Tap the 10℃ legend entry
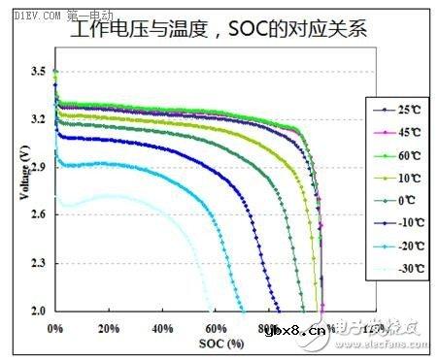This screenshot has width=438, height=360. (x=395, y=177)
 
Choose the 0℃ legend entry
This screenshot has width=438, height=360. (x=395, y=200)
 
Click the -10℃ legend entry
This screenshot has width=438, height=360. (x=395, y=223)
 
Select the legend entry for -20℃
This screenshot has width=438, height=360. (x=395, y=246)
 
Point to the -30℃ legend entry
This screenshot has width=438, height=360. (x=395, y=270)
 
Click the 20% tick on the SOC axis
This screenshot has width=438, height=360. (x=109, y=328)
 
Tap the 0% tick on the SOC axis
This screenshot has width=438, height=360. (x=56, y=328)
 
